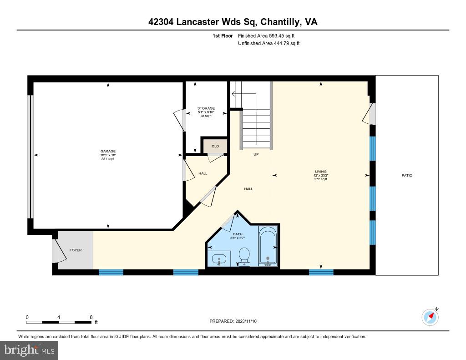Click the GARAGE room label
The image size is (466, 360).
[x=108, y=151]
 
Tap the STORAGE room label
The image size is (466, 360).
[x=206, y=108]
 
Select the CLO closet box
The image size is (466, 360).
[x=215, y=146]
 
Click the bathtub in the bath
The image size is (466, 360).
[x=268, y=246]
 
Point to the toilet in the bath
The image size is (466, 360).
[x=244, y=256]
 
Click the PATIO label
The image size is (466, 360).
[x=407, y=175]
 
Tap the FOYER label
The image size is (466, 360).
[x=76, y=250]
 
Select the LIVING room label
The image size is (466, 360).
[x=321, y=172]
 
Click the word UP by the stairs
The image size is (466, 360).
[x=256, y=155]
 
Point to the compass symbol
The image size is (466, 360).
[x=430, y=317]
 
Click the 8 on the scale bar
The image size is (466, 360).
[x=91, y=317]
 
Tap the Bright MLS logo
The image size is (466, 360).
[x=29, y=350]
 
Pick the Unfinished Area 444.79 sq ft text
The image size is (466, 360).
[x=268, y=44]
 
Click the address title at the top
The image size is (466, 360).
[x=233, y=22]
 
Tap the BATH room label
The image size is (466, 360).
[x=238, y=234]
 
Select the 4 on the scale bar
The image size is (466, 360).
[x=59, y=317]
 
